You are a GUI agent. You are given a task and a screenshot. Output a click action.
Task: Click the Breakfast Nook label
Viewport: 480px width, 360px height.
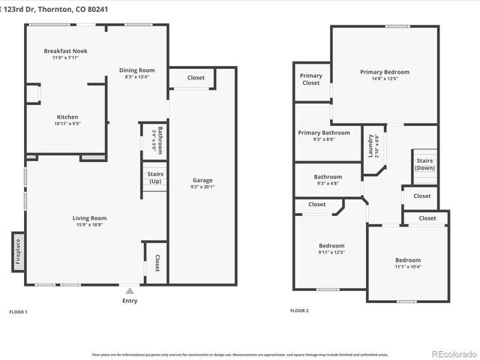click(61, 51)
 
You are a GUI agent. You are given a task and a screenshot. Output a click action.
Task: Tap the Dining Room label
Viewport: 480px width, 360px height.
click(137, 70)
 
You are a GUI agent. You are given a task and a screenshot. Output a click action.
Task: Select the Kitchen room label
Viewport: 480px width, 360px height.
click(67, 117)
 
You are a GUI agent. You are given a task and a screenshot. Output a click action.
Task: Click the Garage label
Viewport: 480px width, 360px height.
click(202, 180)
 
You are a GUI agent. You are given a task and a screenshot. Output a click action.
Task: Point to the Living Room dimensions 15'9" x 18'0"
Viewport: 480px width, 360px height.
click(89, 224)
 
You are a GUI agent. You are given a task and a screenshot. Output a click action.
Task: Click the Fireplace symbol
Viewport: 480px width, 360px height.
click(19, 252)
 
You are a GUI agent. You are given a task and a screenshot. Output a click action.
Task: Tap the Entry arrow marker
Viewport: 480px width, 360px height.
click(130, 290)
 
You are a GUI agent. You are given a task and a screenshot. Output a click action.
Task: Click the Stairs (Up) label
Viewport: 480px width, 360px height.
click(155, 178)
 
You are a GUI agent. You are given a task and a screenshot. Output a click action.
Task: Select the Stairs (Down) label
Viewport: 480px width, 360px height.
click(425, 164)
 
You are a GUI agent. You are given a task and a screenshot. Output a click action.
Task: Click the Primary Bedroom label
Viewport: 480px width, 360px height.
click(384, 72)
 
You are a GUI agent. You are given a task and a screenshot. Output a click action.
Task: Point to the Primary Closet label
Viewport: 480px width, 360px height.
click(311, 79)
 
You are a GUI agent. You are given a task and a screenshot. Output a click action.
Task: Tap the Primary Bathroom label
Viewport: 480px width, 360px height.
click(324, 133)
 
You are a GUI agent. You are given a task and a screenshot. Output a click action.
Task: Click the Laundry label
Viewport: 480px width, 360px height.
click(370, 145)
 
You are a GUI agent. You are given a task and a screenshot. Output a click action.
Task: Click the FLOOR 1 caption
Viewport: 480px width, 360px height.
click(18, 310)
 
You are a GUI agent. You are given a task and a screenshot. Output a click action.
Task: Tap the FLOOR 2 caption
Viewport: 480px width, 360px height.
click(299, 310)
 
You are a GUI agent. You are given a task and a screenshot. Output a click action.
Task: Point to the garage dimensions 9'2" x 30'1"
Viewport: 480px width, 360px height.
click(202, 187)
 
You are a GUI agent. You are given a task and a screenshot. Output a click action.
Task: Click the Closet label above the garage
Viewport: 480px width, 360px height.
click(196, 77)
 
